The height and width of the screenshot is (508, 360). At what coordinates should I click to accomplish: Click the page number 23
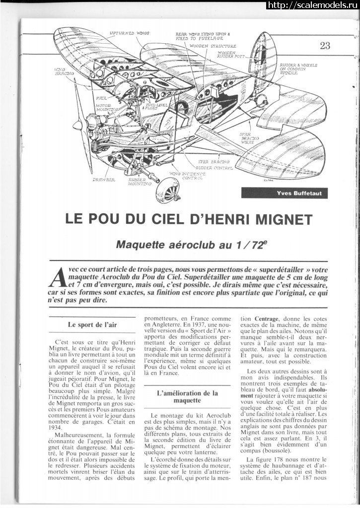tap(325, 46)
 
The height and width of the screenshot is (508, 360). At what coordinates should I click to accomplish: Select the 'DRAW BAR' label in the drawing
tap(103, 180)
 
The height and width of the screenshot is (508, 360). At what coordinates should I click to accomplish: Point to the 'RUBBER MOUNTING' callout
tap(140, 182)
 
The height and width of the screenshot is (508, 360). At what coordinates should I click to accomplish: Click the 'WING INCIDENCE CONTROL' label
tap(187, 176)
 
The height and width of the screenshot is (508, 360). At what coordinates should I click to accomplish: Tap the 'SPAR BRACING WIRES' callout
tap(250, 137)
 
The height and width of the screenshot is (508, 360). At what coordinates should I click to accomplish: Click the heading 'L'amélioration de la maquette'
tap(187, 397)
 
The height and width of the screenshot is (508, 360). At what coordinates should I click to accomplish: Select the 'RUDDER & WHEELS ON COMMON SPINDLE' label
tap(298, 68)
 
